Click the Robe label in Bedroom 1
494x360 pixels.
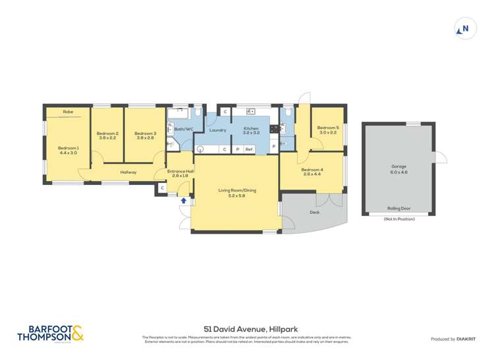pos(68,112)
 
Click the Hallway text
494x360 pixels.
pos(128,172)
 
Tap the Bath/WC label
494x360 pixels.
pos(183,130)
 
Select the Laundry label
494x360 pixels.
pos(218,130)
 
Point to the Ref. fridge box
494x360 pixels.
pos(249,149)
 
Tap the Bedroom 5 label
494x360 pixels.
pos(327,128)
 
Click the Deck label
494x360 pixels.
pos(315,213)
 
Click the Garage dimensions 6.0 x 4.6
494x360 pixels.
pos(398,171)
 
